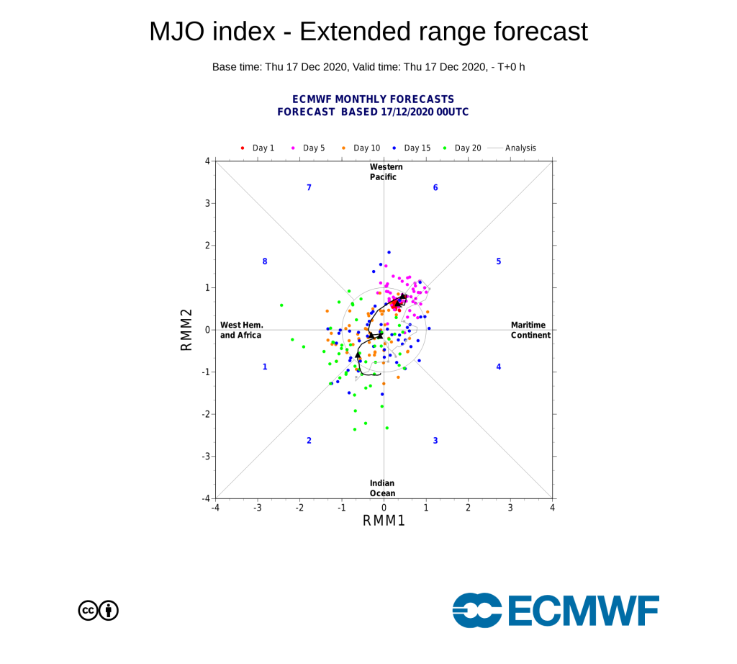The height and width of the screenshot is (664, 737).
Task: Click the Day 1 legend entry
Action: pos(257,148)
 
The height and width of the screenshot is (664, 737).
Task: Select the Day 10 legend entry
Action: pos(361,148)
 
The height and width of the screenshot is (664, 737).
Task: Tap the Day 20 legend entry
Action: pos(462,148)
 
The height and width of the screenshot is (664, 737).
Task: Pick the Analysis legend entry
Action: pos(512,148)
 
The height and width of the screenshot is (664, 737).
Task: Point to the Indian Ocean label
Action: pos(382,488)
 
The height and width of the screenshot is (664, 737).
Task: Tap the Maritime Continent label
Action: pos(530,330)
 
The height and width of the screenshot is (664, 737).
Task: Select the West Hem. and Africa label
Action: pos(242,330)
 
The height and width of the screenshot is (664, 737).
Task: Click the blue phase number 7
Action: pos(309,188)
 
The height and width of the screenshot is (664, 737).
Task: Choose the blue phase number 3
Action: pos(435,441)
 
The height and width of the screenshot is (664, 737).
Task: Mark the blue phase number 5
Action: pos(499,261)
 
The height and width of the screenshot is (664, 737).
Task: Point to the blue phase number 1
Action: pos(265,367)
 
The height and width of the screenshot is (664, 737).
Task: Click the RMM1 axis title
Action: pos(384,521)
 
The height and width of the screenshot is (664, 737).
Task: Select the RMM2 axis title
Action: pos(186,330)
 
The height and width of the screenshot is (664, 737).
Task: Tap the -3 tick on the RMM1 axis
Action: pos(257,508)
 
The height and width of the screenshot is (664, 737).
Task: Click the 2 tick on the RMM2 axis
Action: pos(207,246)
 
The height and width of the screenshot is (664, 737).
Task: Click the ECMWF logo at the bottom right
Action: pos(556,611)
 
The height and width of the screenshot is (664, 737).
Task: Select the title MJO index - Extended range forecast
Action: pos(368,32)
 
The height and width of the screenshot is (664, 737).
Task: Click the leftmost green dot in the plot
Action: pos(281,305)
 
